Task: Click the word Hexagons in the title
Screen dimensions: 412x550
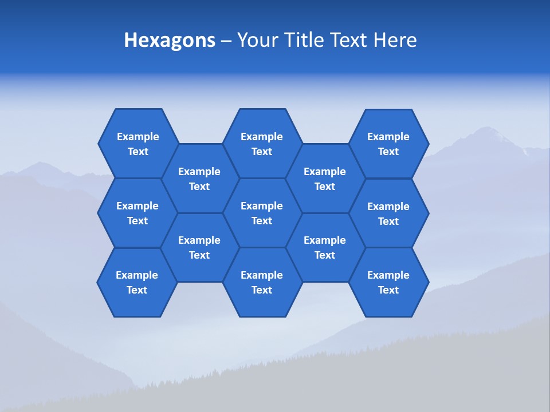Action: (x=170, y=40)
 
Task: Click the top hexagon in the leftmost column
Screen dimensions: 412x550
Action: (x=137, y=144)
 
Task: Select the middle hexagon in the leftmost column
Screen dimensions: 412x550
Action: (x=137, y=213)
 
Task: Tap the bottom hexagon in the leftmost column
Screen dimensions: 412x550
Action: (x=137, y=282)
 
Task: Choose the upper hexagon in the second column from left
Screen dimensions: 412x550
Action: (x=199, y=179)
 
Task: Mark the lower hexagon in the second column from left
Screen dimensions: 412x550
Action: (x=199, y=247)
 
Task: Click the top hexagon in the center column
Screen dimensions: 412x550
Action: (x=262, y=144)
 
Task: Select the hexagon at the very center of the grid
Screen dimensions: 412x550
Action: (x=262, y=213)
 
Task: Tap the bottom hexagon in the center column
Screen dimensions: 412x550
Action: (x=262, y=282)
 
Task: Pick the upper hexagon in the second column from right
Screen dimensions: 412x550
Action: (x=325, y=179)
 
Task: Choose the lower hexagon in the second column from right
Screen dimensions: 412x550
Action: (x=325, y=247)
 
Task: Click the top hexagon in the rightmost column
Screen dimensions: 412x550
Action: (x=388, y=144)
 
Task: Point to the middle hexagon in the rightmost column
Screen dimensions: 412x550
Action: (x=388, y=213)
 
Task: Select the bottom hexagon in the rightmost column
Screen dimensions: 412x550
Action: (x=388, y=282)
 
